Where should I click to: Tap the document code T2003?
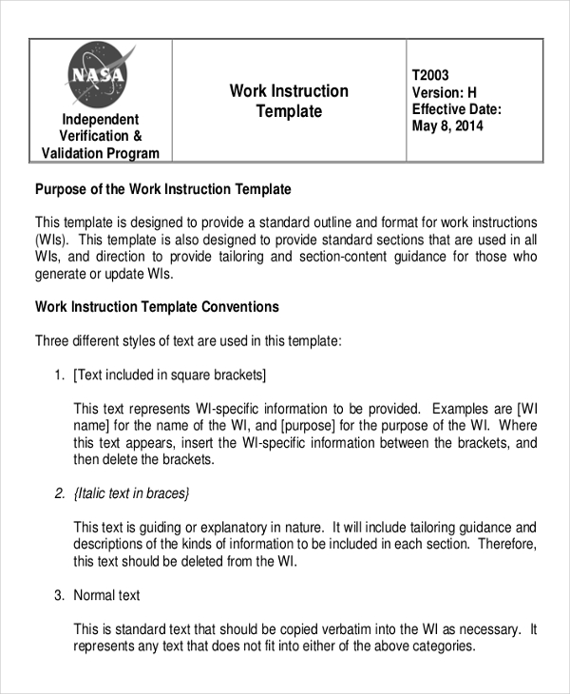click(x=430, y=75)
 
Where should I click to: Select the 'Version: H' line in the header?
click(x=444, y=92)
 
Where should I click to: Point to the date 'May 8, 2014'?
click(x=447, y=126)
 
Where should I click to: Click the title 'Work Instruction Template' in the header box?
click(x=289, y=101)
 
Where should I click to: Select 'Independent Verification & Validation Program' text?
click(x=101, y=136)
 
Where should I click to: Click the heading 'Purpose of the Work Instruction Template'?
click(x=162, y=189)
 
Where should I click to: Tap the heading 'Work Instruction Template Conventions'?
click(x=157, y=307)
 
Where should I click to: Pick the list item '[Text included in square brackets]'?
click(x=169, y=375)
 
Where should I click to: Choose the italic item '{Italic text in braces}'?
click(x=131, y=492)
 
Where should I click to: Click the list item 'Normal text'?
click(x=106, y=595)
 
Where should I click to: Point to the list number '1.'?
click(x=59, y=375)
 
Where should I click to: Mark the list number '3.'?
click(x=59, y=595)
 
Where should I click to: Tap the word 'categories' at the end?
click(x=439, y=646)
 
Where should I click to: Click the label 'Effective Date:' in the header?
click(x=456, y=109)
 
